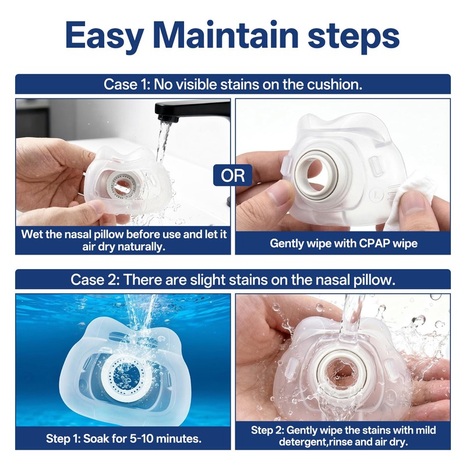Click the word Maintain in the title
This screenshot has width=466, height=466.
point(226,34)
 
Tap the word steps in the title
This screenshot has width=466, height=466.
point(354,37)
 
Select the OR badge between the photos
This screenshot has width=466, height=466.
point(232,175)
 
